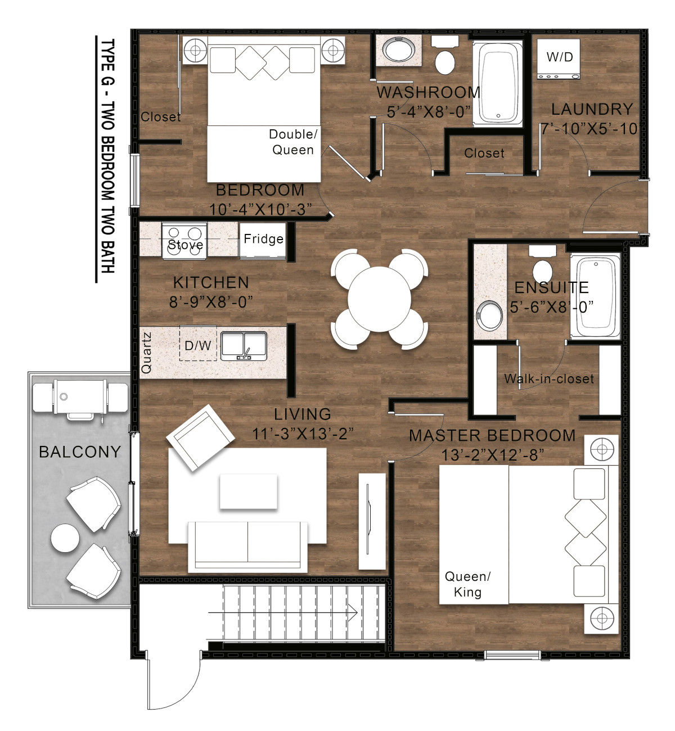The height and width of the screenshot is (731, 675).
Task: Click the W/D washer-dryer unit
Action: [x=558, y=59]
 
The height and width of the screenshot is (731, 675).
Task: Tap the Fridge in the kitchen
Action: [x=263, y=241]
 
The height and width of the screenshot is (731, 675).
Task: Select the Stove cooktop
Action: [x=184, y=241]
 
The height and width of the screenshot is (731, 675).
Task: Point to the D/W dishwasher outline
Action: [x=198, y=343]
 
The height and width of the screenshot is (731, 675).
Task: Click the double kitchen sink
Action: [x=244, y=346]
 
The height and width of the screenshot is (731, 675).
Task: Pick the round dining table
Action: [x=379, y=299]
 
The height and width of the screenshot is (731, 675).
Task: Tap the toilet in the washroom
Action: [x=445, y=56]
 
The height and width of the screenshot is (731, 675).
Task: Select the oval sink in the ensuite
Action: [x=489, y=315]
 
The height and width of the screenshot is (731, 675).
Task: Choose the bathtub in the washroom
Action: [x=498, y=84]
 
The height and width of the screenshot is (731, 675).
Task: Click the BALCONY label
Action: [x=80, y=452]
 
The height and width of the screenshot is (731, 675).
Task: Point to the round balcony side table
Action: [x=65, y=538]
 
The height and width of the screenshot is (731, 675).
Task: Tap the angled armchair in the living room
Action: [x=200, y=438]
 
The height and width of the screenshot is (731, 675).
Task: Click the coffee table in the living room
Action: [x=248, y=492]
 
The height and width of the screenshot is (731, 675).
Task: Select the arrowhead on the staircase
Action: [x=353, y=613]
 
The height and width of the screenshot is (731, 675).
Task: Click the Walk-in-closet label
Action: [x=548, y=379]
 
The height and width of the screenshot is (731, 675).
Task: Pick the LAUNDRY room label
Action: [x=592, y=109]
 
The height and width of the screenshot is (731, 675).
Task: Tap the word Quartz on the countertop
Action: [x=146, y=353]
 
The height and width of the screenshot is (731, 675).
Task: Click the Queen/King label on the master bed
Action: [x=467, y=584]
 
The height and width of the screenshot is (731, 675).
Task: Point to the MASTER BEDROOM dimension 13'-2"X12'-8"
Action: [x=492, y=455]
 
